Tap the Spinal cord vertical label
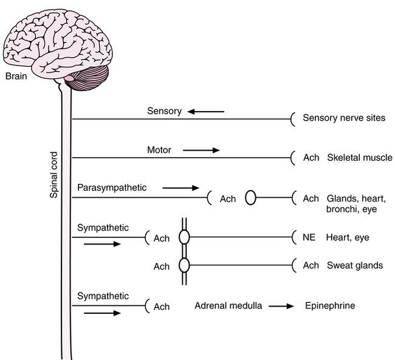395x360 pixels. coord(53,175)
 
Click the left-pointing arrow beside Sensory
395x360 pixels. coord(205,112)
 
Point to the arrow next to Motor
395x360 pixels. coord(201,149)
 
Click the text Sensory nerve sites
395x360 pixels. coord(343,118)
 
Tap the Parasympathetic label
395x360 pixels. coord(112,188)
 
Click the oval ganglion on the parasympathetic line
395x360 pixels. coord(250,198)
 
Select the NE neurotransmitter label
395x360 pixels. coord(309,237)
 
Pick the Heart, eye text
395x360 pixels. coord(348,237)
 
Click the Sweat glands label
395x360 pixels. coord(354,265)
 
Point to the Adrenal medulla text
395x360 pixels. coord(228,307)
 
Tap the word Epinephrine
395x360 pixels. coord(330,307)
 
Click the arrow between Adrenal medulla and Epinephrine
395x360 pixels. coord(281,307)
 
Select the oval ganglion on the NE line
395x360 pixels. coord(184,237)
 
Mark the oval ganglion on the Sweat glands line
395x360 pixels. coord(184,265)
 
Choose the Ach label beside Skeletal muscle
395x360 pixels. coord(311,158)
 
